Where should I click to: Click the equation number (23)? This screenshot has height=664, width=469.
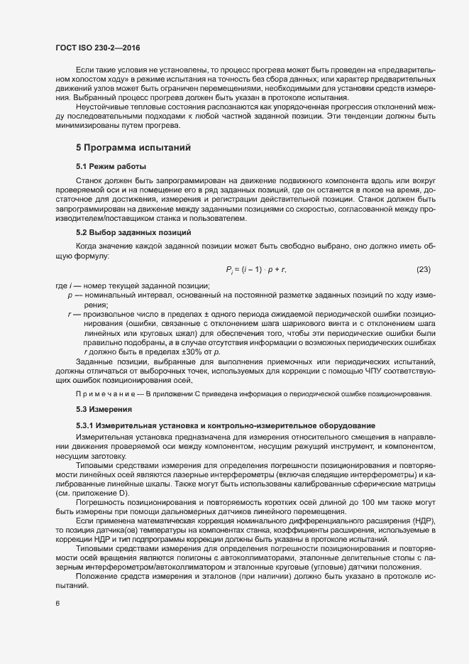pyautogui.click(x=423, y=268)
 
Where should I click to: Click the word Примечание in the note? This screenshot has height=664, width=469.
pyautogui.click(x=106, y=394)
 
